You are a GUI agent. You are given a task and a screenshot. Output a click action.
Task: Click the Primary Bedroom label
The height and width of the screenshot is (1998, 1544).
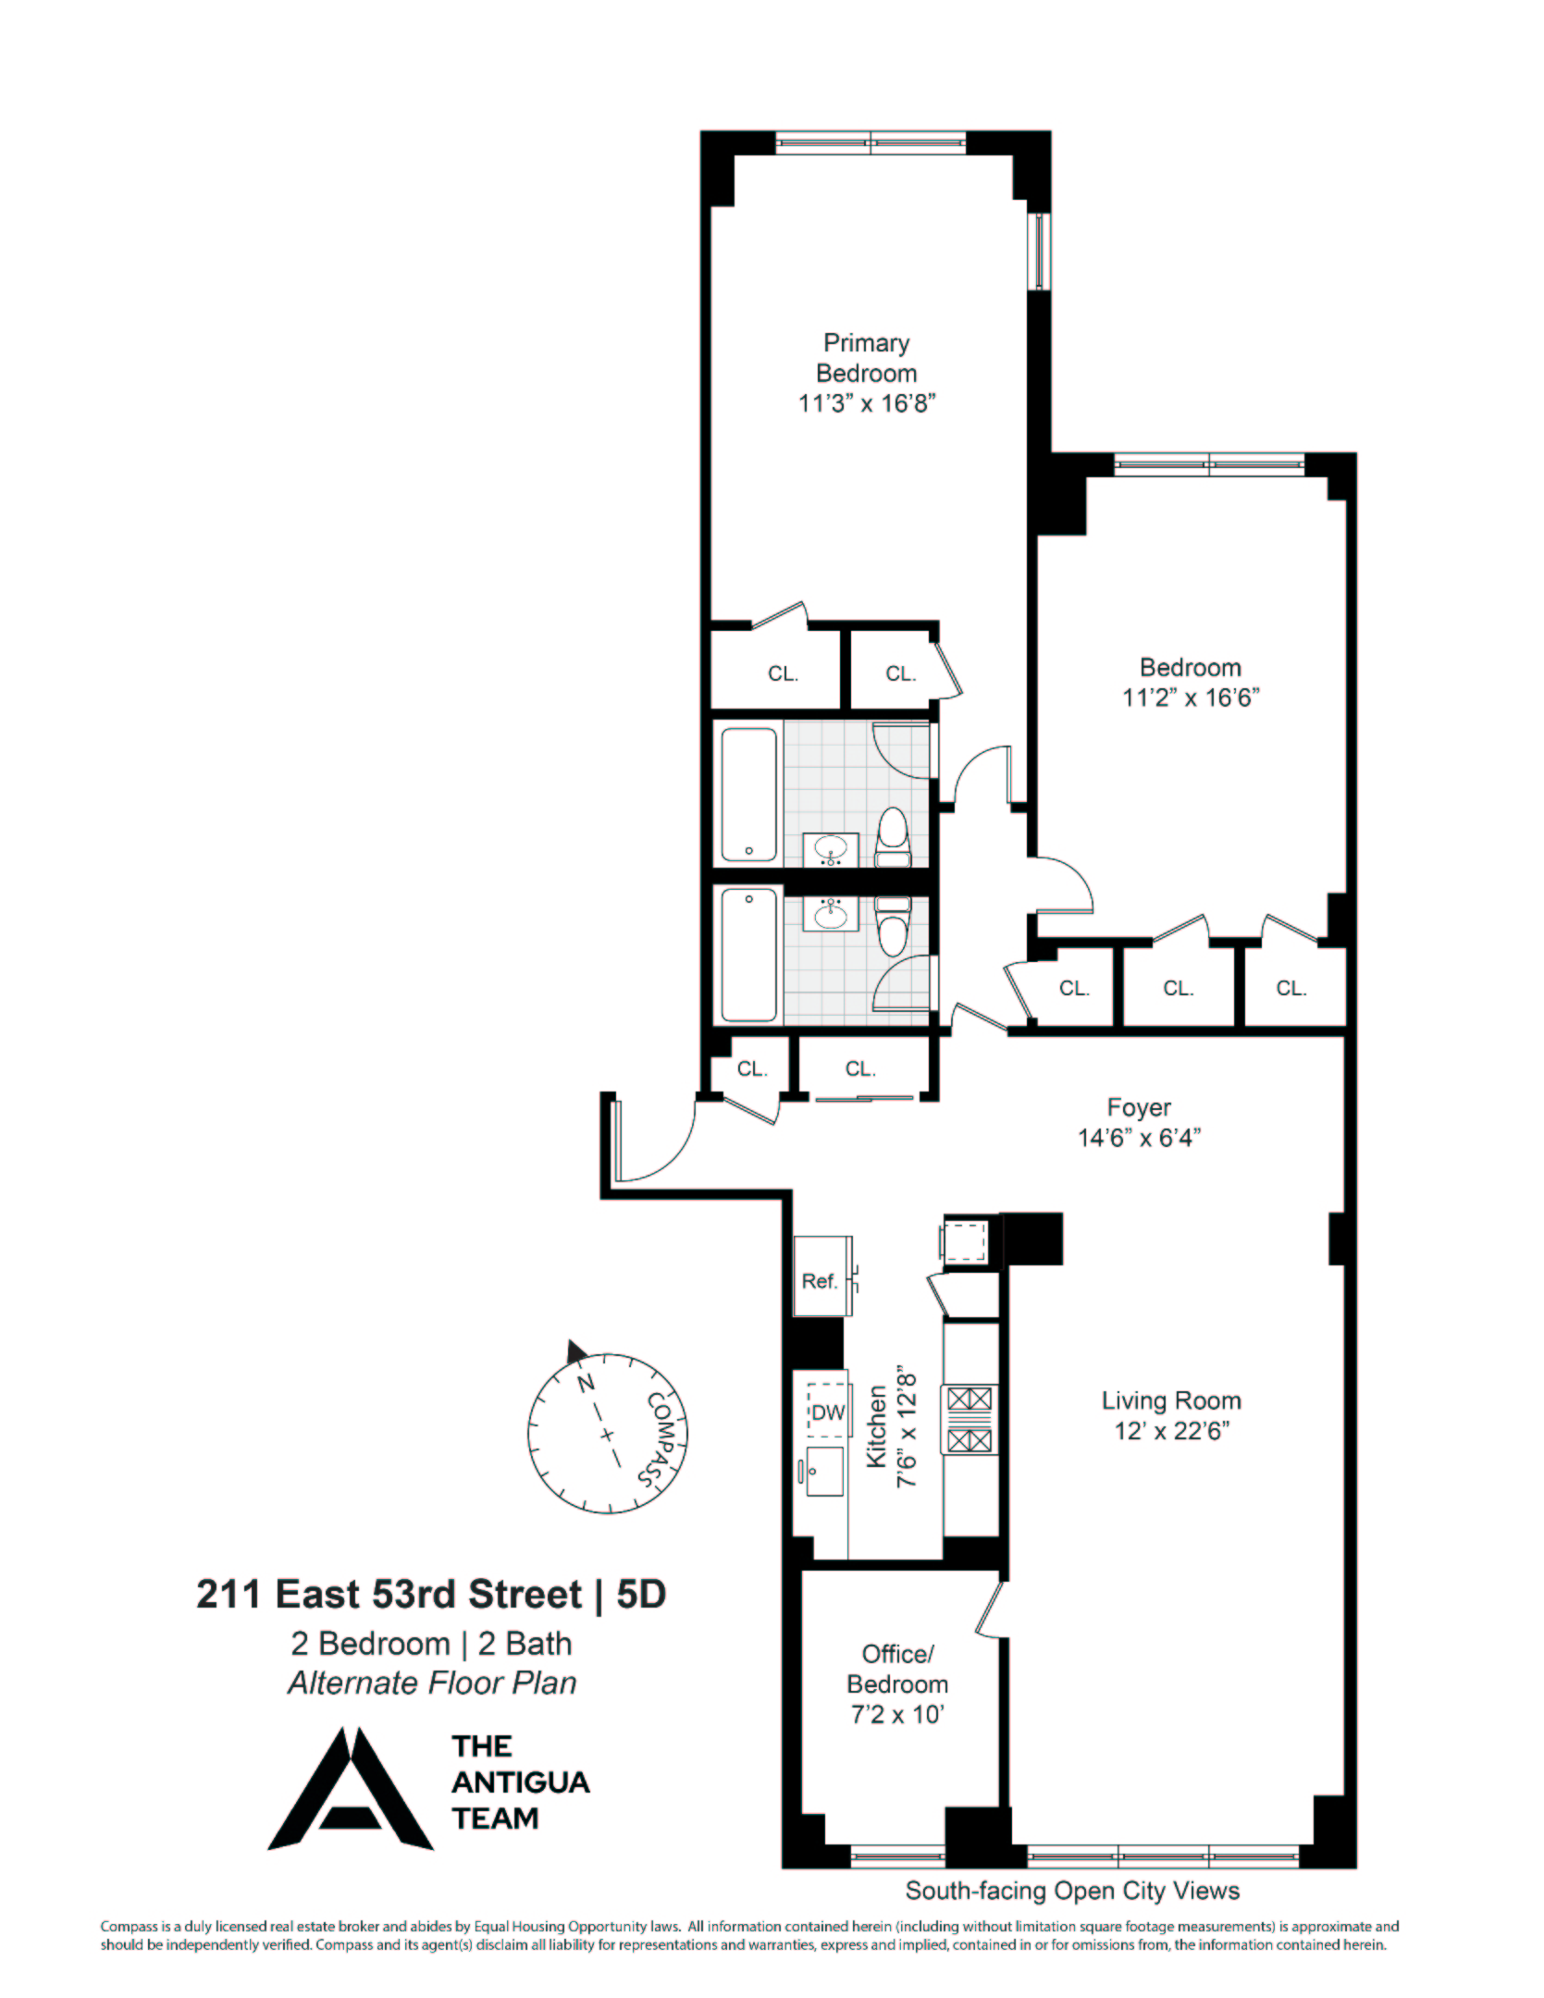tap(866, 358)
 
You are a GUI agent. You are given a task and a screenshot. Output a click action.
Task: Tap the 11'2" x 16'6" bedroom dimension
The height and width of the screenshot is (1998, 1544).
tap(1192, 697)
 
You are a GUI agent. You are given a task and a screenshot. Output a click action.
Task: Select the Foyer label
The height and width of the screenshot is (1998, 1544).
tap(1139, 1107)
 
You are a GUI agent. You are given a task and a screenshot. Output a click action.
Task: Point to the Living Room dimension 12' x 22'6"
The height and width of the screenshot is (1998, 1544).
tap(1171, 1431)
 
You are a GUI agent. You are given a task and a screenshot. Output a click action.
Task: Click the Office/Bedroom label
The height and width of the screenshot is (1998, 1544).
tap(897, 1669)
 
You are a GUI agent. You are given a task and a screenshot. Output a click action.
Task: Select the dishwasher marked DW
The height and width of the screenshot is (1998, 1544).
tap(828, 1412)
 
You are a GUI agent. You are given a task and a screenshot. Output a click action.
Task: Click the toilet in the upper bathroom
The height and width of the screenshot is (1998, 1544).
tap(893, 837)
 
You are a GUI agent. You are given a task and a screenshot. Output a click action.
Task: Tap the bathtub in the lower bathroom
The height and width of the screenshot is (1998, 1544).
tap(748, 955)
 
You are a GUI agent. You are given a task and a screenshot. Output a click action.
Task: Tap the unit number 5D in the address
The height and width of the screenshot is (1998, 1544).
tap(640, 1594)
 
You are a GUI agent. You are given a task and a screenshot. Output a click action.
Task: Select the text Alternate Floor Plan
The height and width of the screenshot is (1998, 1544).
tap(432, 1683)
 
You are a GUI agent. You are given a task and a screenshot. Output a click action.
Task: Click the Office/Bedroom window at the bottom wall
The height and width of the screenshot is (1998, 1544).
tap(897, 1853)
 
